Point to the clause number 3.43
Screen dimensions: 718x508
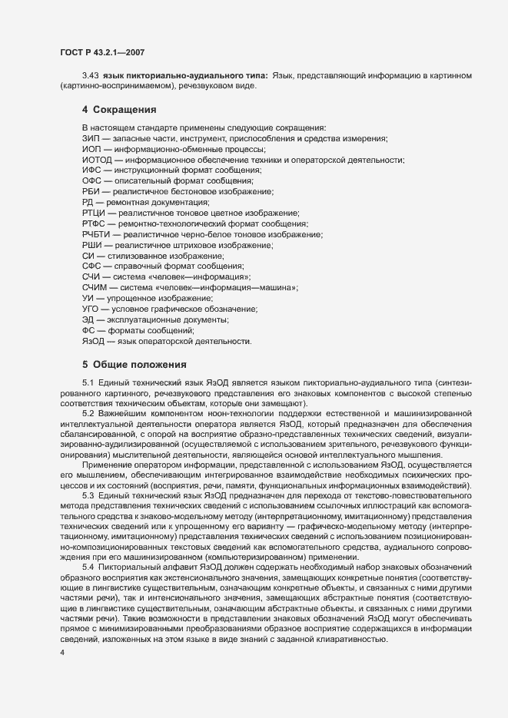(90, 75)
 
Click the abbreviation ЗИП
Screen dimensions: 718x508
(91, 138)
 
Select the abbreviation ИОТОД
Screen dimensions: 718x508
(96, 160)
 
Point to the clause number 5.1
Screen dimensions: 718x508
(88, 382)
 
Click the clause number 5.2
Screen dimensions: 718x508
(88, 414)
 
